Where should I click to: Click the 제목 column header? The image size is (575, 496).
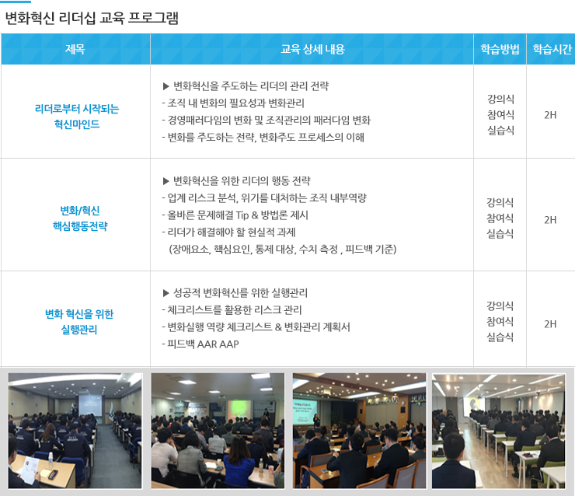[75, 49]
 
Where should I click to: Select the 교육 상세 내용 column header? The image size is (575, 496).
[312, 49]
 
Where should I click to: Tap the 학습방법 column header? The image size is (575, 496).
[500, 49]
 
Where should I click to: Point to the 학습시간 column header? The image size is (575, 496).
[552, 49]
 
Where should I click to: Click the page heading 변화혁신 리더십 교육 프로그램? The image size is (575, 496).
[92, 18]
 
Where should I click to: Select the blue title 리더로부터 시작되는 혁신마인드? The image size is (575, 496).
[77, 117]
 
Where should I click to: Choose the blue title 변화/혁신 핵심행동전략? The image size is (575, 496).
[80, 218]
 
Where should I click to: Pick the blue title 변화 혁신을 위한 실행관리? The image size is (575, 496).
[79, 322]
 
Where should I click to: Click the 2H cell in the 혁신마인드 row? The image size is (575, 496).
[550, 115]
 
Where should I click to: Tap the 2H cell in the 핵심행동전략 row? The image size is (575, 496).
[550, 220]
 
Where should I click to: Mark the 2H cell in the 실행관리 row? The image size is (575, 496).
[550, 324]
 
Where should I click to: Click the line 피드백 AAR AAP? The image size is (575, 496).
[200, 344]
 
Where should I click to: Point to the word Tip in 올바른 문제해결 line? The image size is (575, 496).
[242, 215]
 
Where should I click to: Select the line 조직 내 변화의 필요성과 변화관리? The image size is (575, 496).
[233, 103]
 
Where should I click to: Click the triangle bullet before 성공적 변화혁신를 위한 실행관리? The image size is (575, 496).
[166, 293]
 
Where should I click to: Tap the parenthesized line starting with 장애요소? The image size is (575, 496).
[282, 250]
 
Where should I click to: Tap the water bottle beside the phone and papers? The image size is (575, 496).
[51, 459]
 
